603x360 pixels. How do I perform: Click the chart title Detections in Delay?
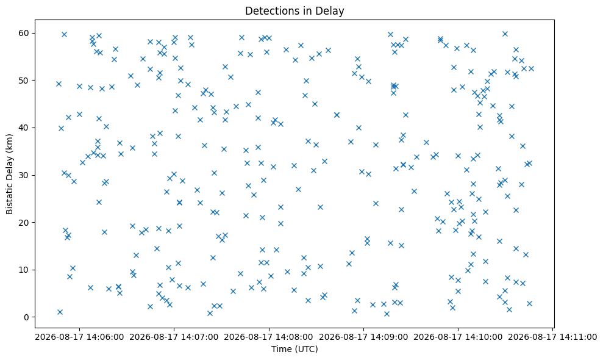pos(294,11)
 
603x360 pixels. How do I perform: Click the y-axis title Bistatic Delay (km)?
pos(9,174)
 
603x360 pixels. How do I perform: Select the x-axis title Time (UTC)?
pos(294,349)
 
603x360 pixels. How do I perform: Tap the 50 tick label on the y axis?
pos(24,81)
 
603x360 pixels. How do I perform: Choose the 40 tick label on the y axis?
pos(24,128)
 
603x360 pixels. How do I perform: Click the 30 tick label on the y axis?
pos(24,175)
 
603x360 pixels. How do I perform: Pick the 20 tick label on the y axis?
pos(24,223)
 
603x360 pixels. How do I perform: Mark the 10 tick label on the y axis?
pos(24,270)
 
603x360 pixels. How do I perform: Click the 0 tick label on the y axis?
pos(27,317)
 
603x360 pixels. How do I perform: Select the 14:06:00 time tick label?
pos(79,337)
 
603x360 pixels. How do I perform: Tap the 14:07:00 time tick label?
pos(174,337)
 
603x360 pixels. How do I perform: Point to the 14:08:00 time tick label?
pos(268,337)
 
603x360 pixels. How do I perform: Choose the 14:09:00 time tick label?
pos(363,337)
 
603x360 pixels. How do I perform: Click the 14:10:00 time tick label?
pos(458,337)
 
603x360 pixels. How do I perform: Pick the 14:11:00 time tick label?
pos(552,337)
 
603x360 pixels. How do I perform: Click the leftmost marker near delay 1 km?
pos(60,312)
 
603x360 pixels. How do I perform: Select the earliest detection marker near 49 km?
pos(59,84)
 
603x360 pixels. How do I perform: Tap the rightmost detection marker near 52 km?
pos(531,68)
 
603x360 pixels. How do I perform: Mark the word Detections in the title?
pos(267,11)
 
